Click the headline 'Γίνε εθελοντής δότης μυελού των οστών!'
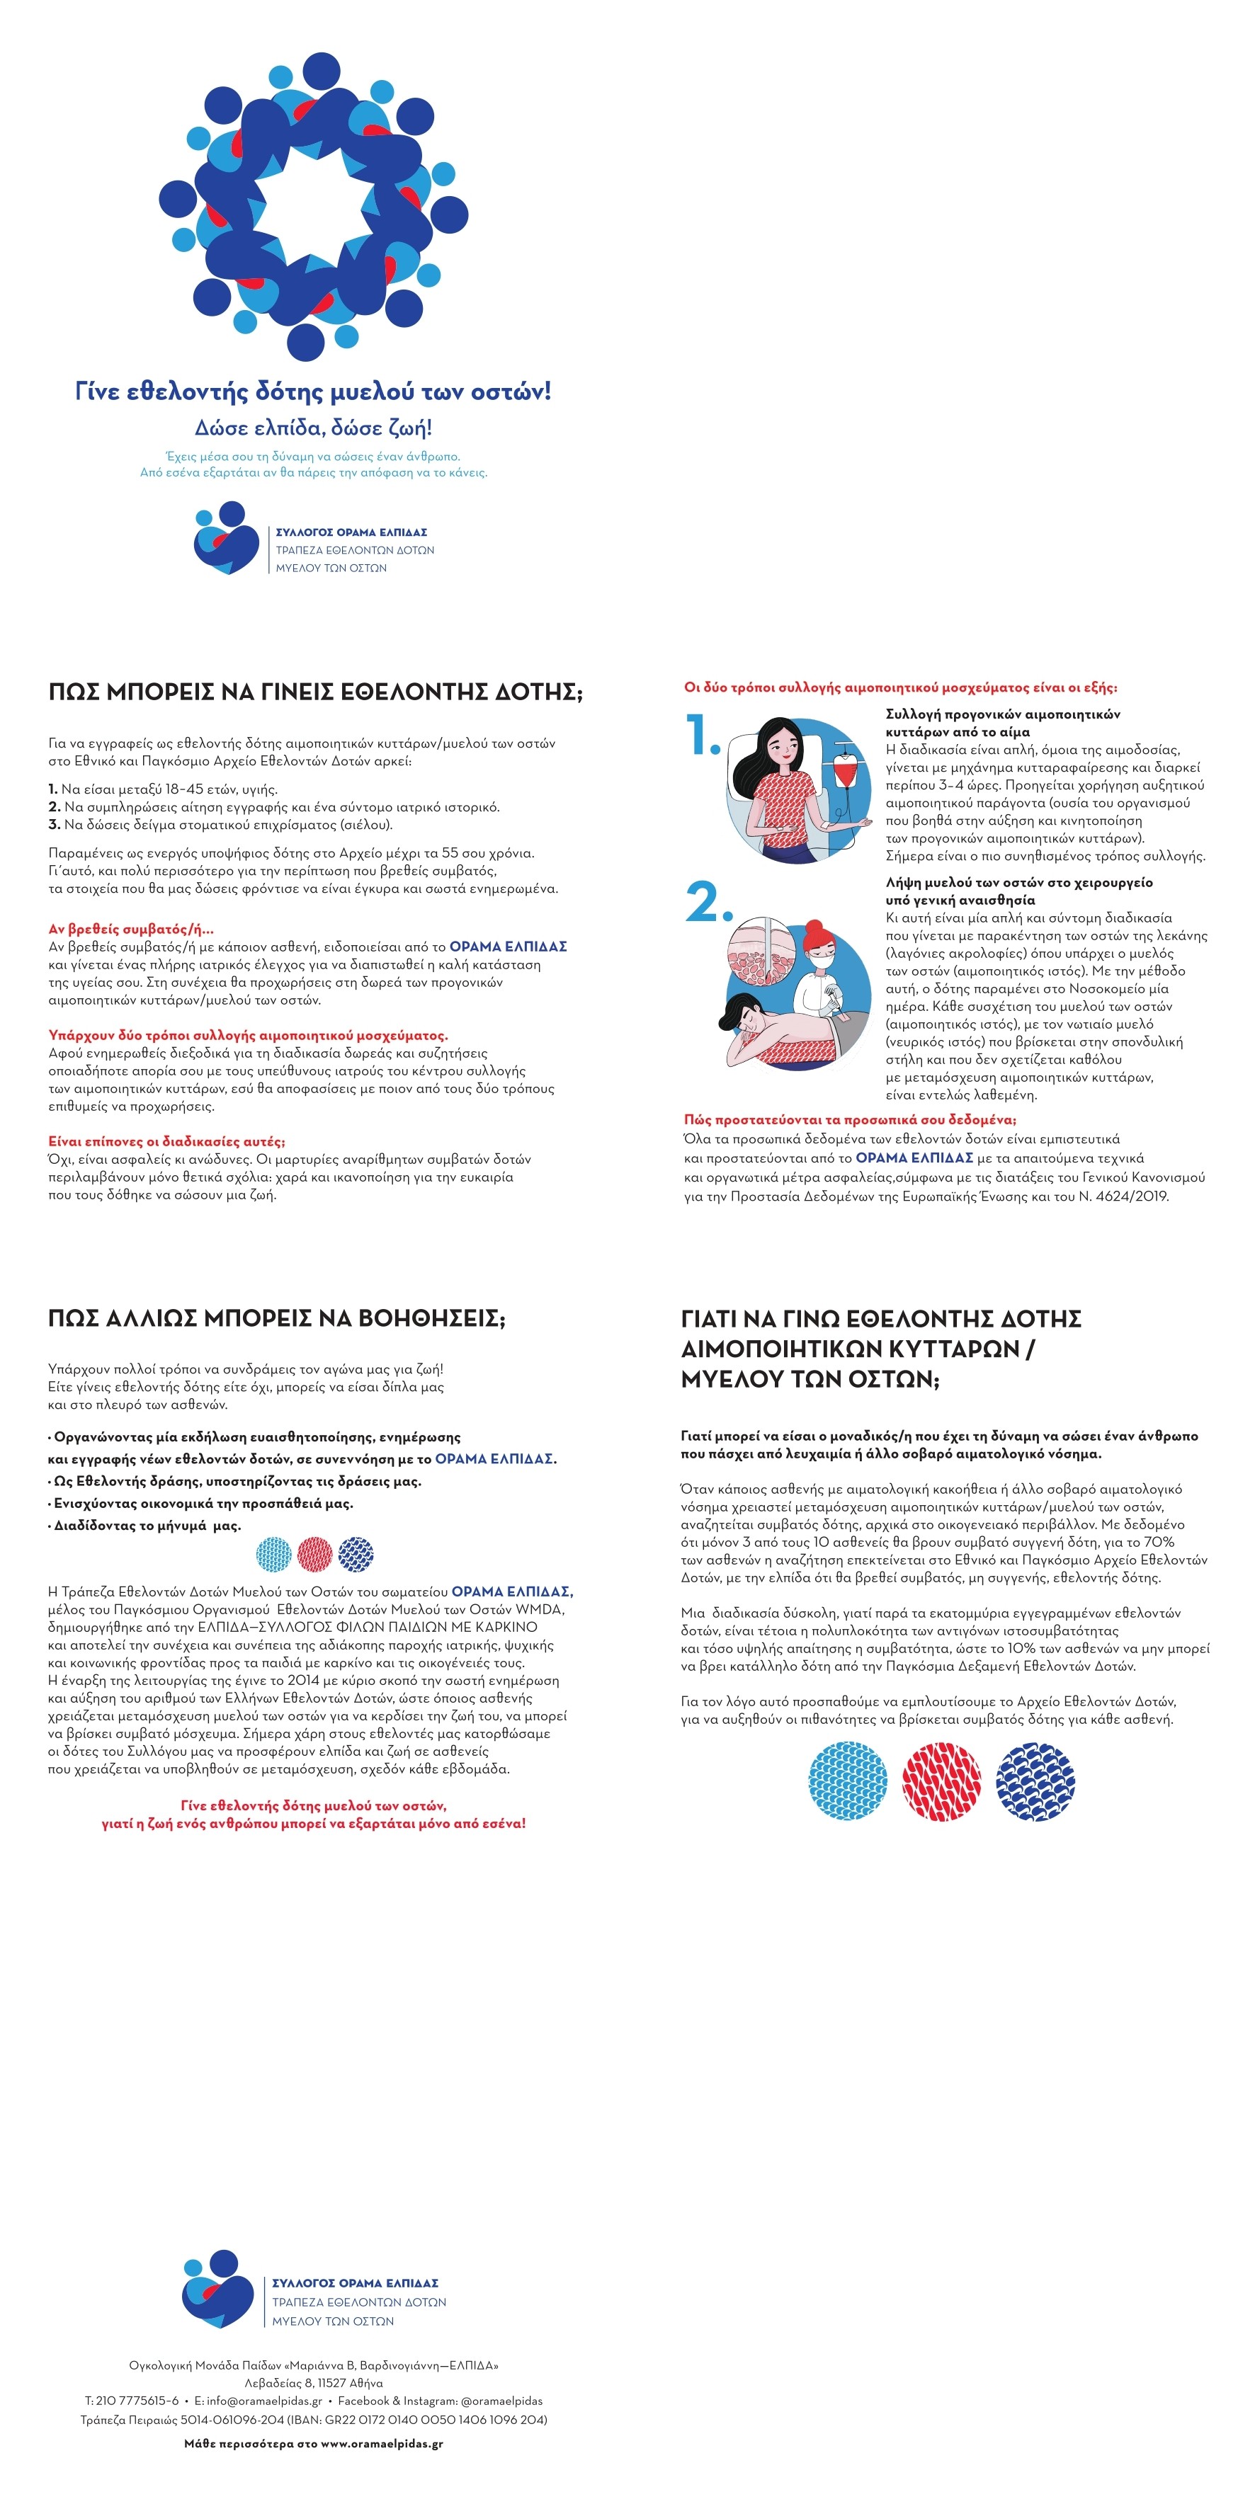[x=313, y=392]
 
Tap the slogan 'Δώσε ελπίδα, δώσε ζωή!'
[x=313, y=428]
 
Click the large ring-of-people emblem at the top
[x=313, y=207]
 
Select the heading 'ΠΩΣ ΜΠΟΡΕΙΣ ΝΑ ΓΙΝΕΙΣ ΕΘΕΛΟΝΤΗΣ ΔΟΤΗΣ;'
[x=314, y=692]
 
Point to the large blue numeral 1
[x=702, y=736]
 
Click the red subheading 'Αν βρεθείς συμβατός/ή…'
[x=130, y=929]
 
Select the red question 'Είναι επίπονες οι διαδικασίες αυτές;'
[x=166, y=1141]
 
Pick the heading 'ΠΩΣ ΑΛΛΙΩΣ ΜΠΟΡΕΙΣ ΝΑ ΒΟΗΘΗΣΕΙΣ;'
[x=277, y=1319]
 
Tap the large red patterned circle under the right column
[x=941, y=1781]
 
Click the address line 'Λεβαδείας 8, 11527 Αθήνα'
[x=314, y=2384]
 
